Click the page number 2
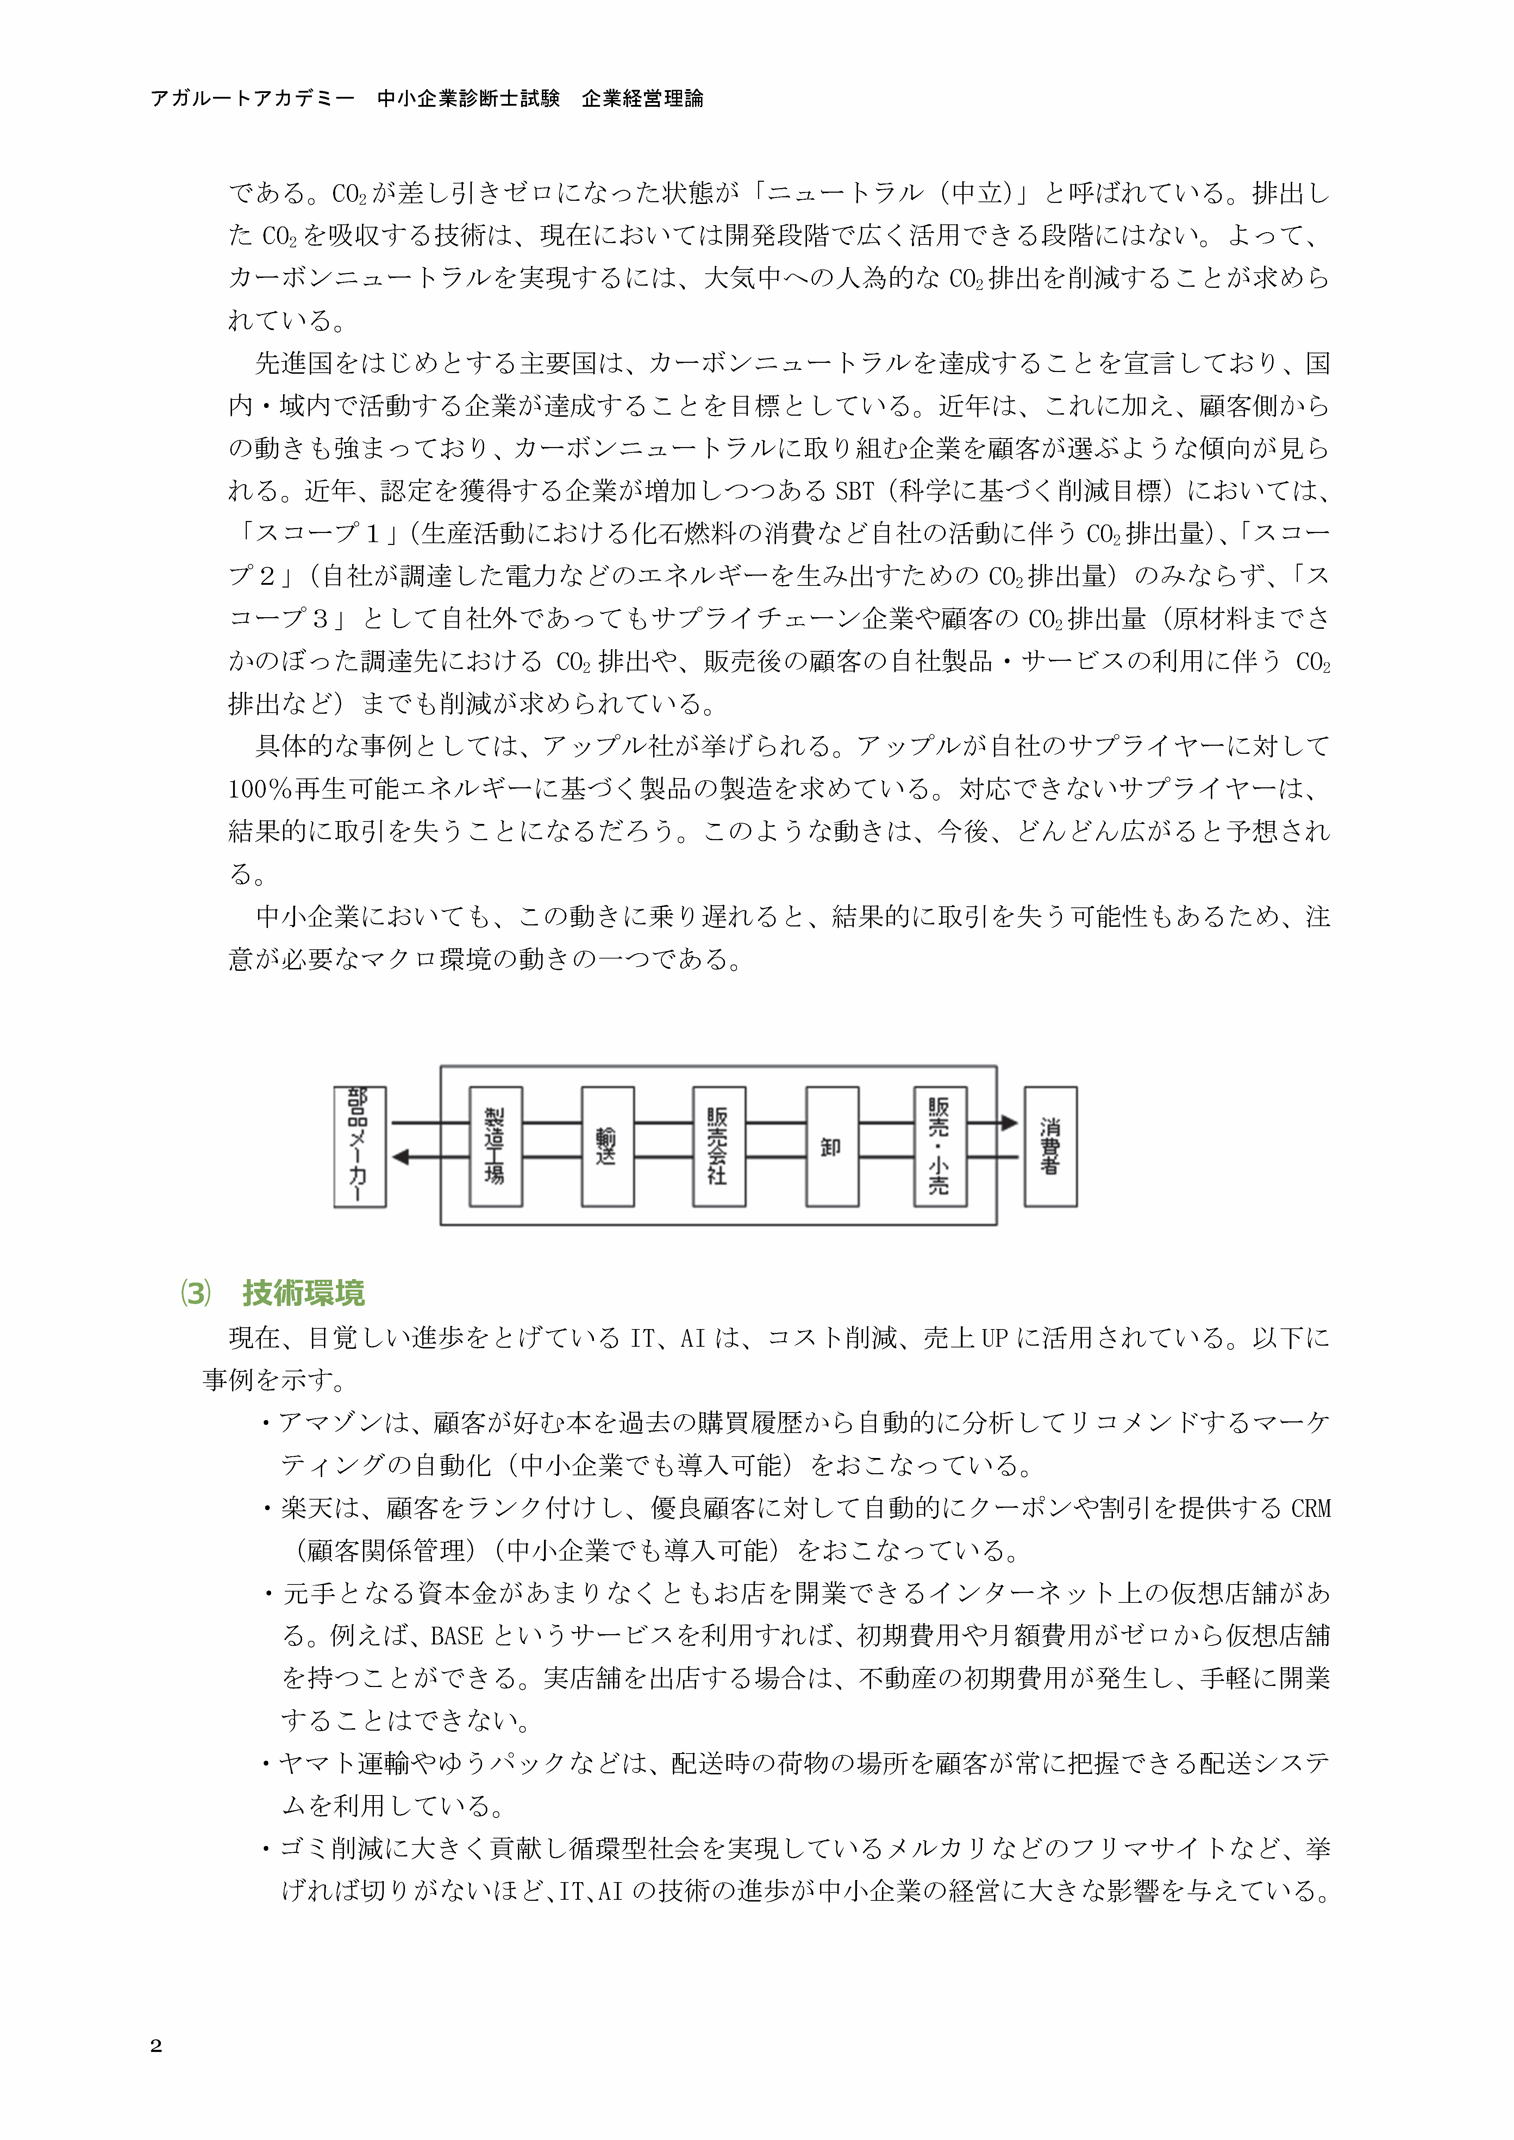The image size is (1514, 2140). [156, 2046]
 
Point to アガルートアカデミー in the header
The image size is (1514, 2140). [253, 98]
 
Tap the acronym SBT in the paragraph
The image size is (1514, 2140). [854, 490]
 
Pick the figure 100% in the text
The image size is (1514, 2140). [260, 789]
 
